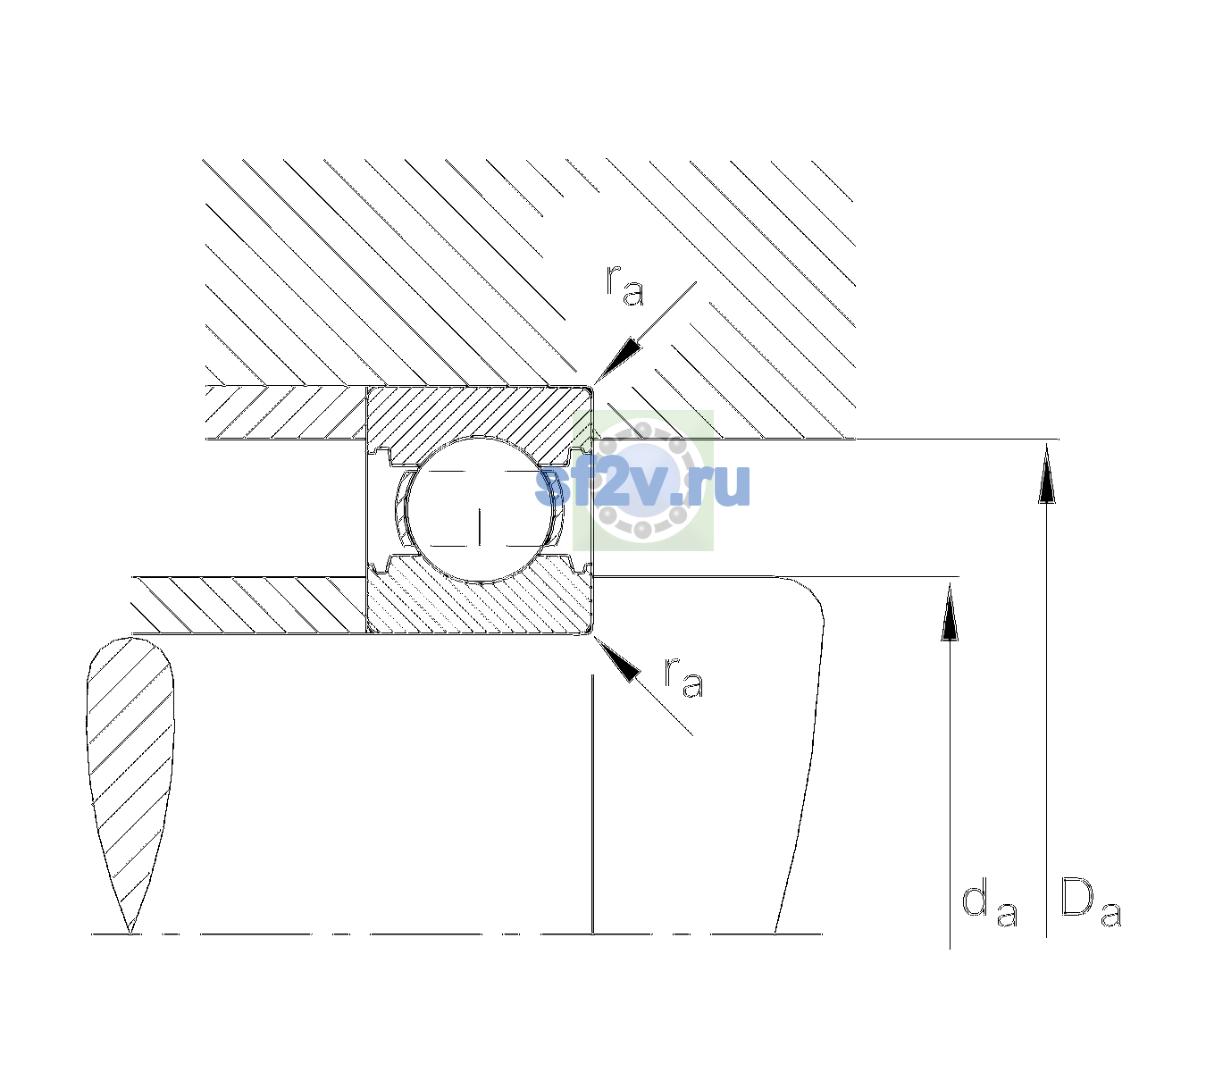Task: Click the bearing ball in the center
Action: [x=481, y=509]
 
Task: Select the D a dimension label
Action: [x=1091, y=902]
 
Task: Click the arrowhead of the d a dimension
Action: [x=950, y=612]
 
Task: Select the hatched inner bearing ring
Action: [x=479, y=595]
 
